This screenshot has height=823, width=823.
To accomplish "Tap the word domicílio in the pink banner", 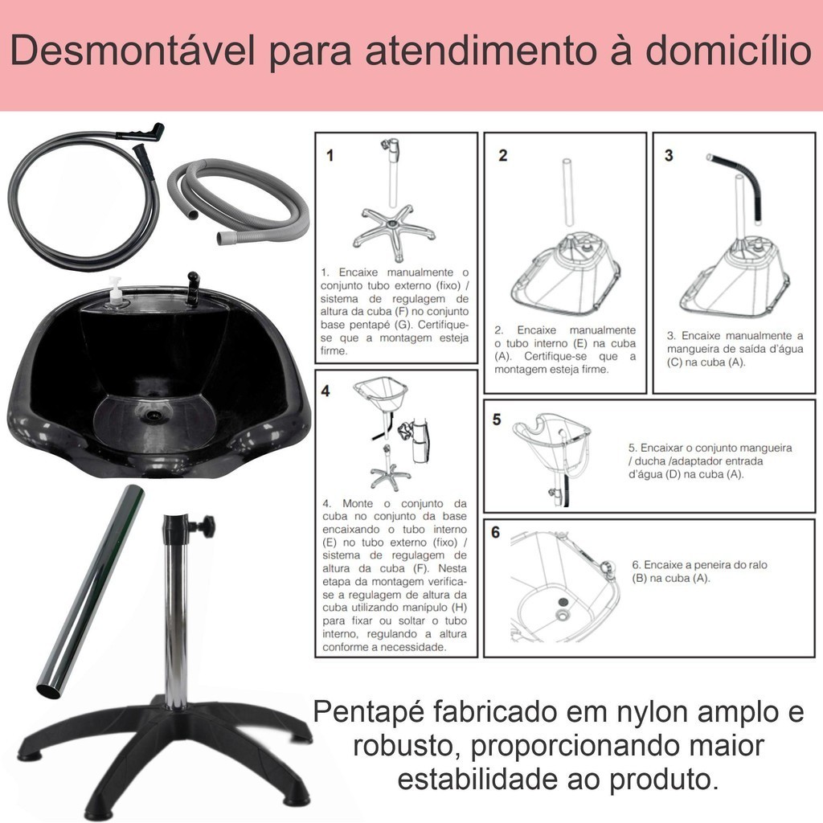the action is [x=728, y=50].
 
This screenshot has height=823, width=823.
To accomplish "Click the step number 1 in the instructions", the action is [x=330, y=155].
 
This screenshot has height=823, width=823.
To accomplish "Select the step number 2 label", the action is [x=503, y=155].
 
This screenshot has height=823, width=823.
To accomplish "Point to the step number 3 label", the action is [x=669, y=155].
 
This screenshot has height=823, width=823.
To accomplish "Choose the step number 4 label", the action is [x=326, y=391].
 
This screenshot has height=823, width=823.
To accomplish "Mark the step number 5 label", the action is [x=497, y=420].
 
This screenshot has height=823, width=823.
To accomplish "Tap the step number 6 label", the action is [x=495, y=532].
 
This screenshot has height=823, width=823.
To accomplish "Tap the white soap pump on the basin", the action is [x=116, y=293].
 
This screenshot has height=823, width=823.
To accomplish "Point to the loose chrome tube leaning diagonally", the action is [x=89, y=592].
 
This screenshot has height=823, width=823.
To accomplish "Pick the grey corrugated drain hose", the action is [x=237, y=202].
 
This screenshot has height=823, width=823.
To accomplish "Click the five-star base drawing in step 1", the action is [x=394, y=232].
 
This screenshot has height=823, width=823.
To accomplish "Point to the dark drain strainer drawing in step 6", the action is [x=563, y=601].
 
